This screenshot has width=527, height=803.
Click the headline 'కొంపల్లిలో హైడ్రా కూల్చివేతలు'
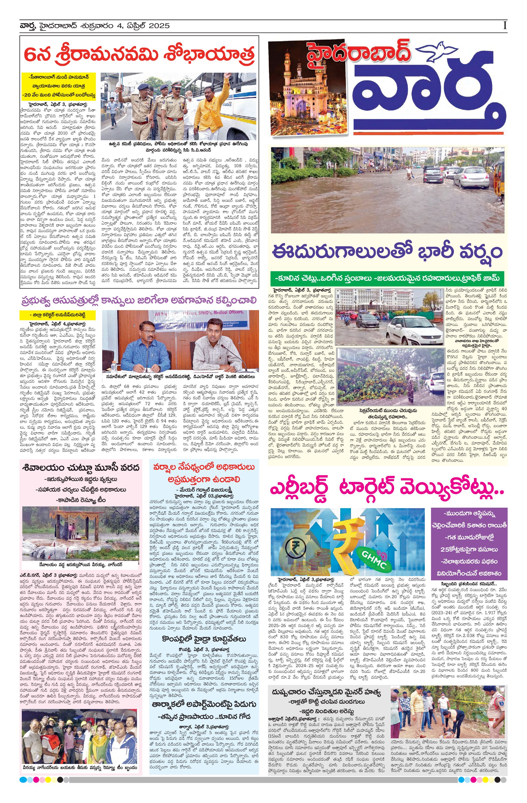tap(204, 639)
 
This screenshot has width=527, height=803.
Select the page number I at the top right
tap(504, 26)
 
